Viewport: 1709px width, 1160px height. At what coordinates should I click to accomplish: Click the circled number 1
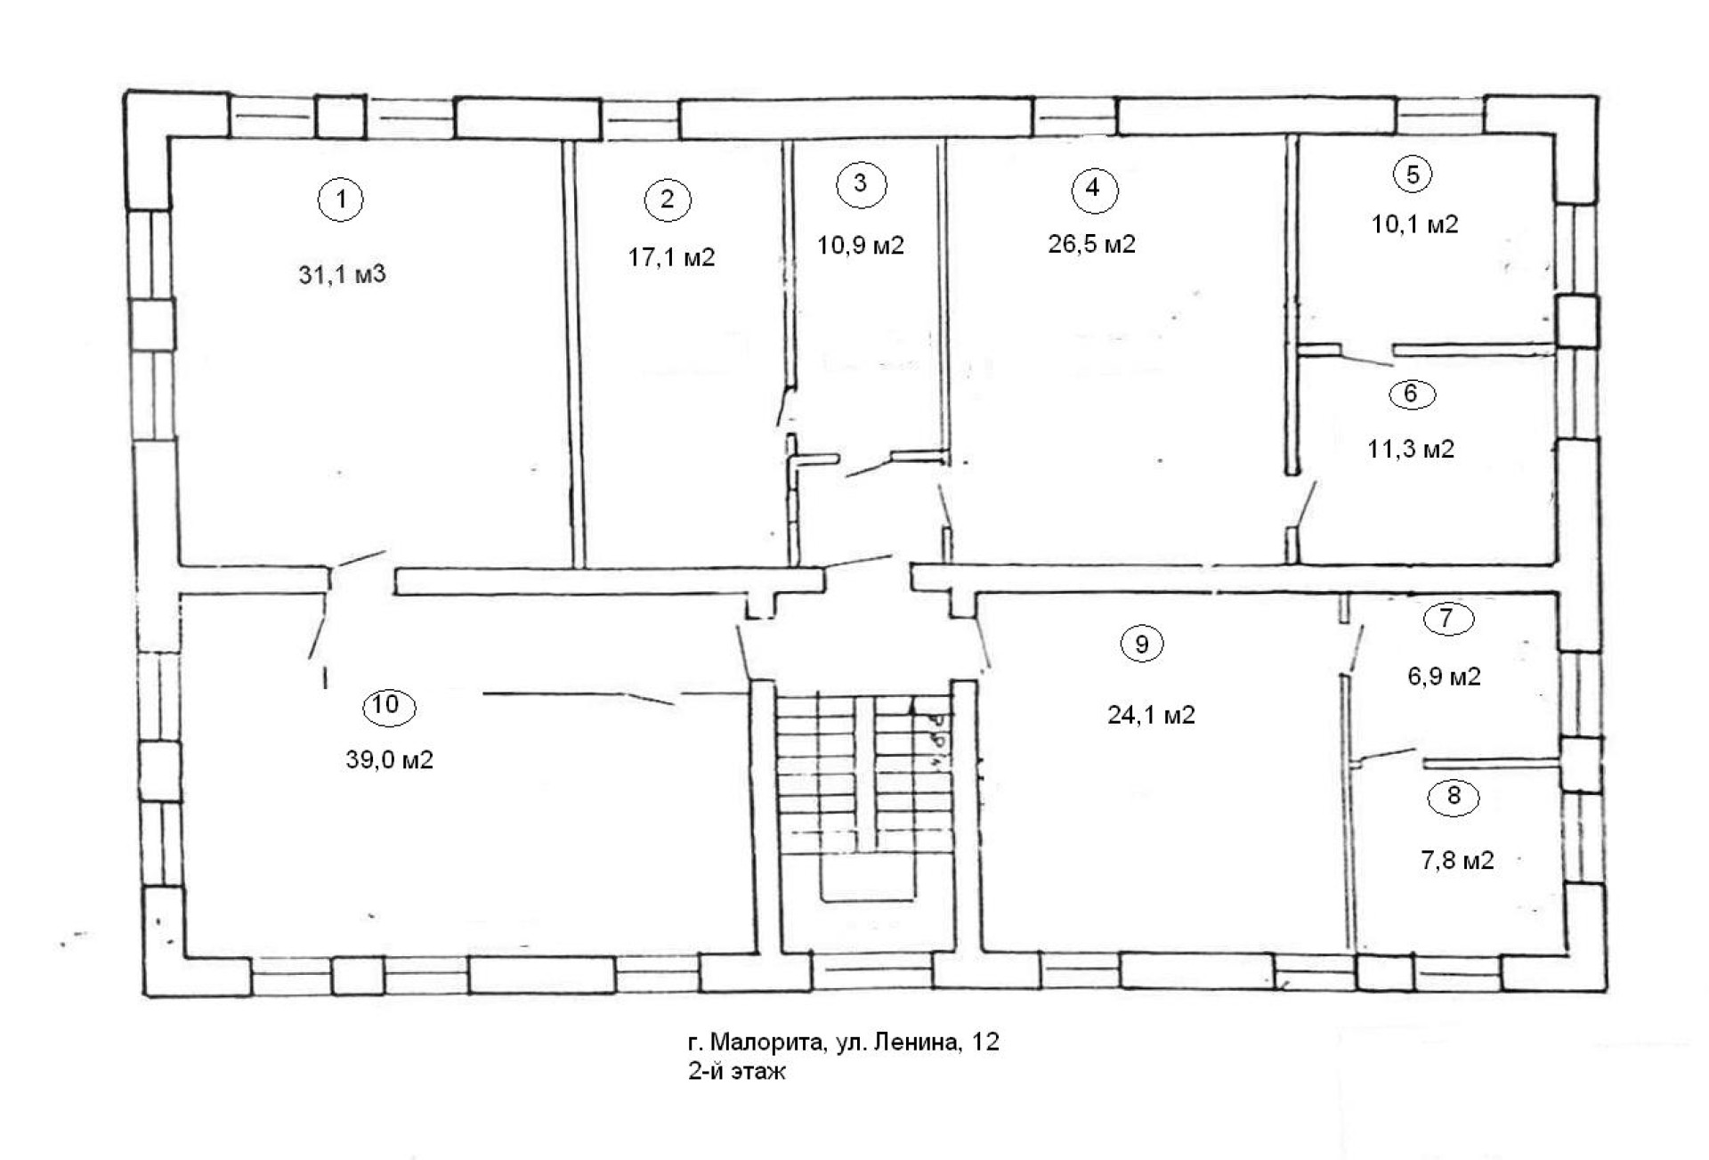pyautogui.click(x=341, y=199)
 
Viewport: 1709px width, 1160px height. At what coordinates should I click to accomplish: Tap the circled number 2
pyautogui.click(x=668, y=199)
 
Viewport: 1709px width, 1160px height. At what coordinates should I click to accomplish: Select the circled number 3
pyautogui.click(x=861, y=183)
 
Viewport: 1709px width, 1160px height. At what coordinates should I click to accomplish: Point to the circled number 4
pyautogui.click(x=1094, y=189)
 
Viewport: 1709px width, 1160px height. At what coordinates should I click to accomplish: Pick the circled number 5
pyautogui.click(x=1413, y=174)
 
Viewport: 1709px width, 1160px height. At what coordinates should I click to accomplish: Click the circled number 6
pyautogui.click(x=1411, y=393)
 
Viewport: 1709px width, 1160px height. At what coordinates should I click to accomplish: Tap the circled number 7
pyautogui.click(x=1447, y=619)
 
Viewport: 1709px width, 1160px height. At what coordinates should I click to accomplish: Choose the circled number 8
pyautogui.click(x=1454, y=797)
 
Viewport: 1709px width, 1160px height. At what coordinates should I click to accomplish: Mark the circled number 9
pyautogui.click(x=1143, y=644)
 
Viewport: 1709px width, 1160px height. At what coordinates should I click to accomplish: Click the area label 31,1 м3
pyautogui.click(x=342, y=274)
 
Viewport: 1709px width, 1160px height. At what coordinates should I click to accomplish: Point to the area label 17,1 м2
pyautogui.click(x=672, y=258)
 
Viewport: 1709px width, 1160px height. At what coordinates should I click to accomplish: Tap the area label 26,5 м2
pyautogui.click(x=1092, y=244)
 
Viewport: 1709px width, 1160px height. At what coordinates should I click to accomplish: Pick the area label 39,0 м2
pyautogui.click(x=390, y=760)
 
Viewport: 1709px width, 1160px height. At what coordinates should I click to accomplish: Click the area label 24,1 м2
pyautogui.click(x=1152, y=715)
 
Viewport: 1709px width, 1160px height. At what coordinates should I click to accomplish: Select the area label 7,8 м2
pyautogui.click(x=1457, y=861)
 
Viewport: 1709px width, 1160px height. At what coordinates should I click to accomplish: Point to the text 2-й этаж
pyautogui.click(x=737, y=1072)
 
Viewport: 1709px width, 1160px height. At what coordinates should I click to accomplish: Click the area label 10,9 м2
pyautogui.click(x=862, y=246)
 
